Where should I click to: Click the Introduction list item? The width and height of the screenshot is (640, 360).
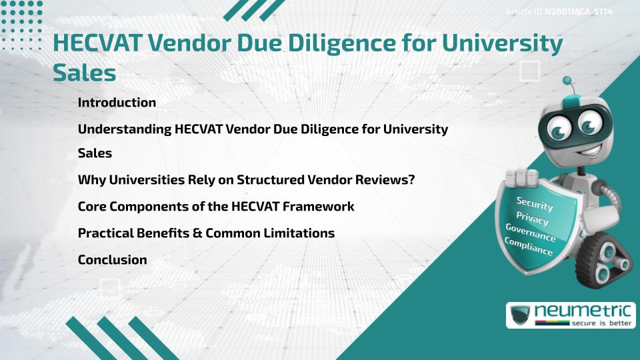pyautogui.click(x=117, y=103)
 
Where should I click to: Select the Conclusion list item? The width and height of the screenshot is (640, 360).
pyautogui.click(x=112, y=260)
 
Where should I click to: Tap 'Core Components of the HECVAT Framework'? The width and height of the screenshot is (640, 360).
pyautogui.click(x=215, y=207)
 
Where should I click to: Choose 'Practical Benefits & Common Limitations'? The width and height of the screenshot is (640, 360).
pyautogui.click(x=206, y=233)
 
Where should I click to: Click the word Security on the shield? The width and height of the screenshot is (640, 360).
pyautogui.click(x=534, y=204)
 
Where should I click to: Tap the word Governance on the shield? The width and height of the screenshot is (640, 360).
pyautogui.click(x=530, y=233)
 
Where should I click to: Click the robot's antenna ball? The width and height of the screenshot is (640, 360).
pyautogui.click(x=568, y=81)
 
